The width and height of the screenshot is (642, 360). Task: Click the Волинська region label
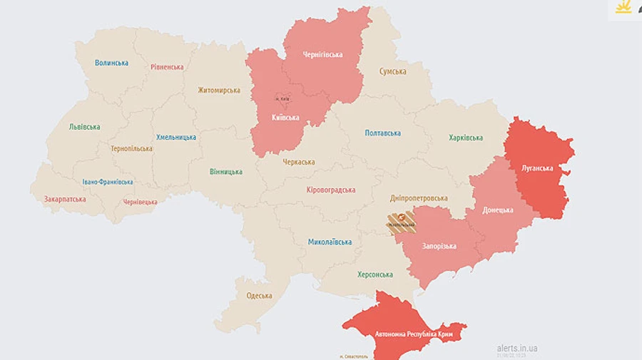111,63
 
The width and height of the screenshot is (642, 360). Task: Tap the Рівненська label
167,67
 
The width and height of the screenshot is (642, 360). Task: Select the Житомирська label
219,91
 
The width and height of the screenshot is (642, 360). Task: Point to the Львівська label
84,127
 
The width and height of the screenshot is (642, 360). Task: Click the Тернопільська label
131,149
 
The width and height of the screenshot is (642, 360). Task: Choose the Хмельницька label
176,137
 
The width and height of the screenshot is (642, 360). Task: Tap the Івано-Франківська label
107,182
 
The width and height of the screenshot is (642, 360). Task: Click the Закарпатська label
65,200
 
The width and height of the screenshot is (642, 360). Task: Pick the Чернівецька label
141,202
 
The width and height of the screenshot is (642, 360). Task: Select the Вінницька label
225,172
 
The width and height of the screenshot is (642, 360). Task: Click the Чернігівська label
322,55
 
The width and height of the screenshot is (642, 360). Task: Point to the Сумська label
392,71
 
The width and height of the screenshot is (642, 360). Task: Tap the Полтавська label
382,133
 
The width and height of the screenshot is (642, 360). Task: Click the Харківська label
466,138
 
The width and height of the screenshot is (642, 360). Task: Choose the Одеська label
259,296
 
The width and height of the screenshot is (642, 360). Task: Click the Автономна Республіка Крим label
404,334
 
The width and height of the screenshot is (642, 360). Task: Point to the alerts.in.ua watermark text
517,348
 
